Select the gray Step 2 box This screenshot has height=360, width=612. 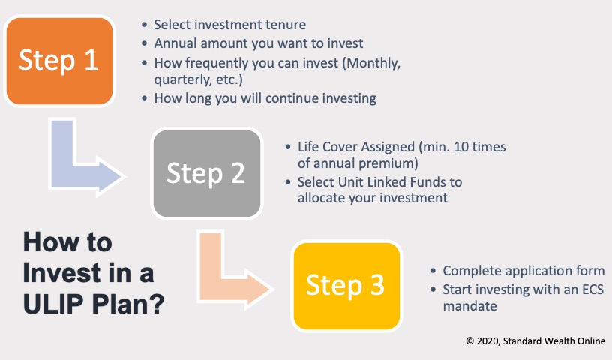tap(206, 173)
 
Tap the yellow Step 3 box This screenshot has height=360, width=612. tap(345, 284)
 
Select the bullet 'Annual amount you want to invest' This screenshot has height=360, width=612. tap(259, 43)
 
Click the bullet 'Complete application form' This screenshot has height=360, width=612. tap(523, 271)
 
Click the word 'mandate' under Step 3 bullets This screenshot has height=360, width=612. tap(470, 306)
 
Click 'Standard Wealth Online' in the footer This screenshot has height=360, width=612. tap(557, 340)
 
